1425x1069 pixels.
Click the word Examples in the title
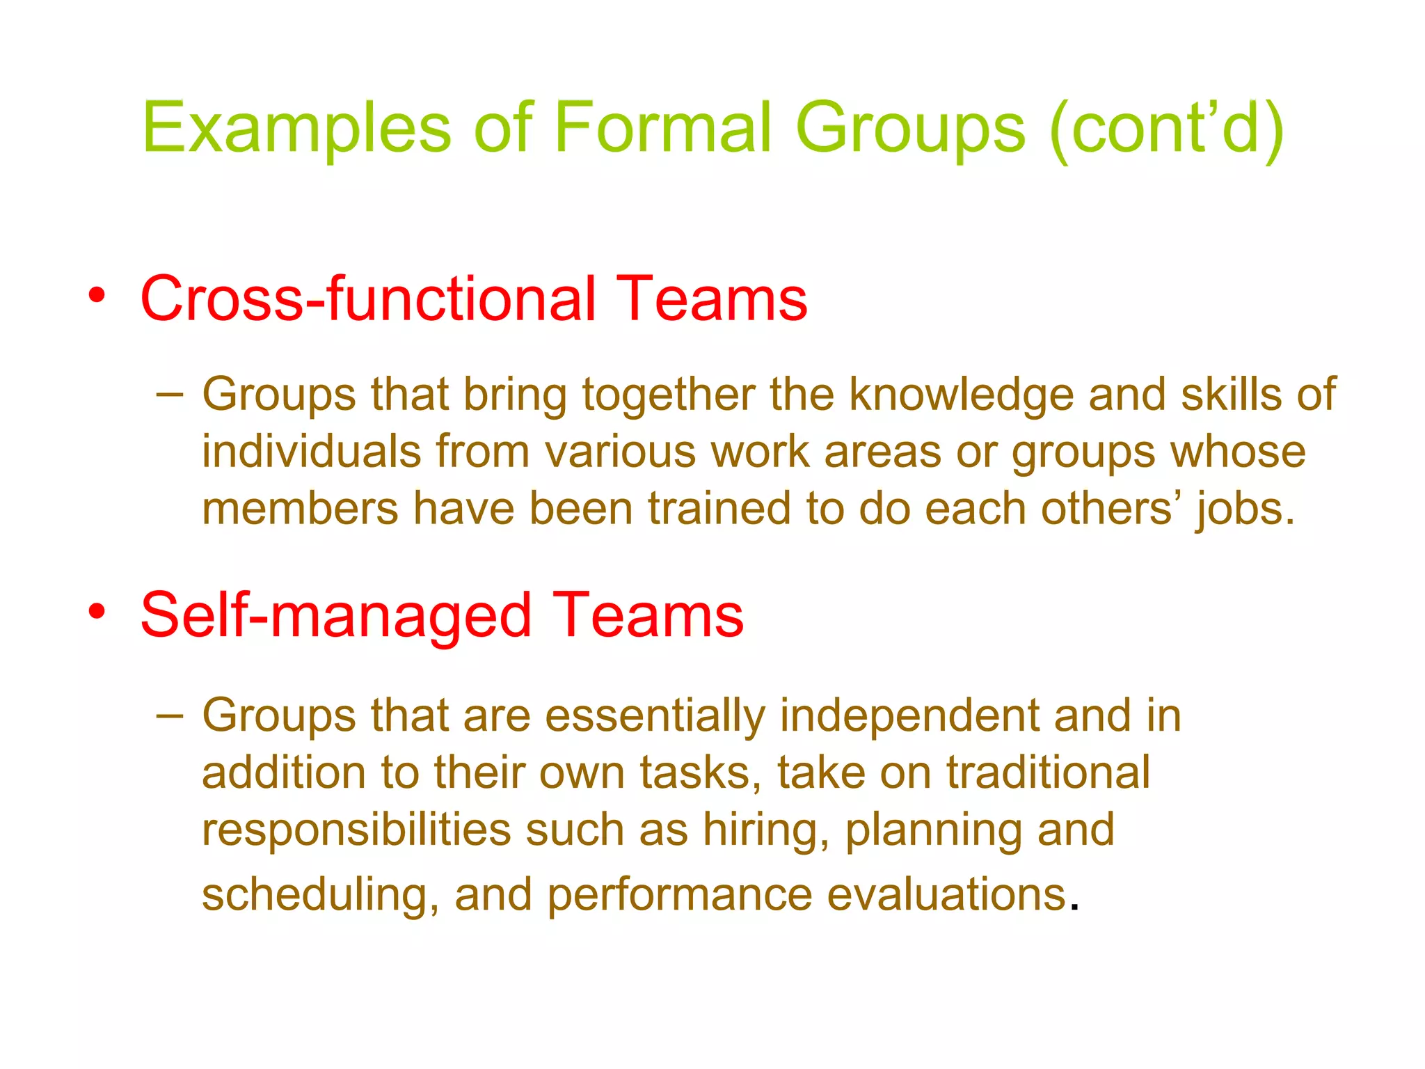[296, 129]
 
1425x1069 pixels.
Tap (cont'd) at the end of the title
[1166, 129]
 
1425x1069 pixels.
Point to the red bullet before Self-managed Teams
[97, 612]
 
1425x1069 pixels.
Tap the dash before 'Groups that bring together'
[170, 395]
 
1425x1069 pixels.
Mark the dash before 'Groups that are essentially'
[170, 715]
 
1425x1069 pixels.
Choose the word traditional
[1048, 773]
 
